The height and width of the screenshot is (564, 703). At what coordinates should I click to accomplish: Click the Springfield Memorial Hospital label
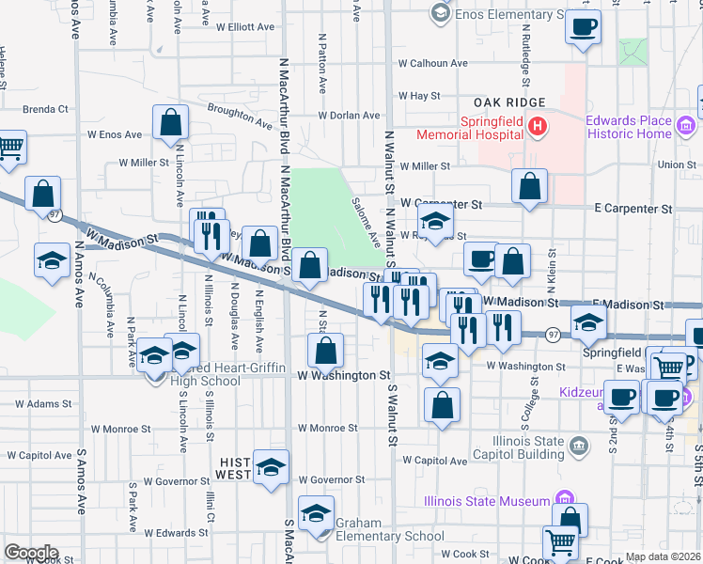(x=492, y=127)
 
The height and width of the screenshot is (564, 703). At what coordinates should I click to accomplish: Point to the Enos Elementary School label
(x=508, y=15)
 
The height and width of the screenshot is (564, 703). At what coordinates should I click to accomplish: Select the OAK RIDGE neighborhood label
(x=510, y=102)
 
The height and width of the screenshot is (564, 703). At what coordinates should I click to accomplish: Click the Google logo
(x=31, y=553)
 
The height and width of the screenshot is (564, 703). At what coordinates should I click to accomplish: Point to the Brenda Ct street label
(x=45, y=109)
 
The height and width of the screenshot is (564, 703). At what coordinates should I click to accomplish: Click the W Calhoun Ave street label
(x=432, y=64)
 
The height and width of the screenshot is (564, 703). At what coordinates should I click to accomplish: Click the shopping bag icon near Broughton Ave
(x=170, y=122)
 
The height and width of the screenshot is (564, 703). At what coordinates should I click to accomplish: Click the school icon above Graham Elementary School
(x=316, y=512)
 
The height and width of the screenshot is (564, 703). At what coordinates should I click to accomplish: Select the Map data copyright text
(x=663, y=556)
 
